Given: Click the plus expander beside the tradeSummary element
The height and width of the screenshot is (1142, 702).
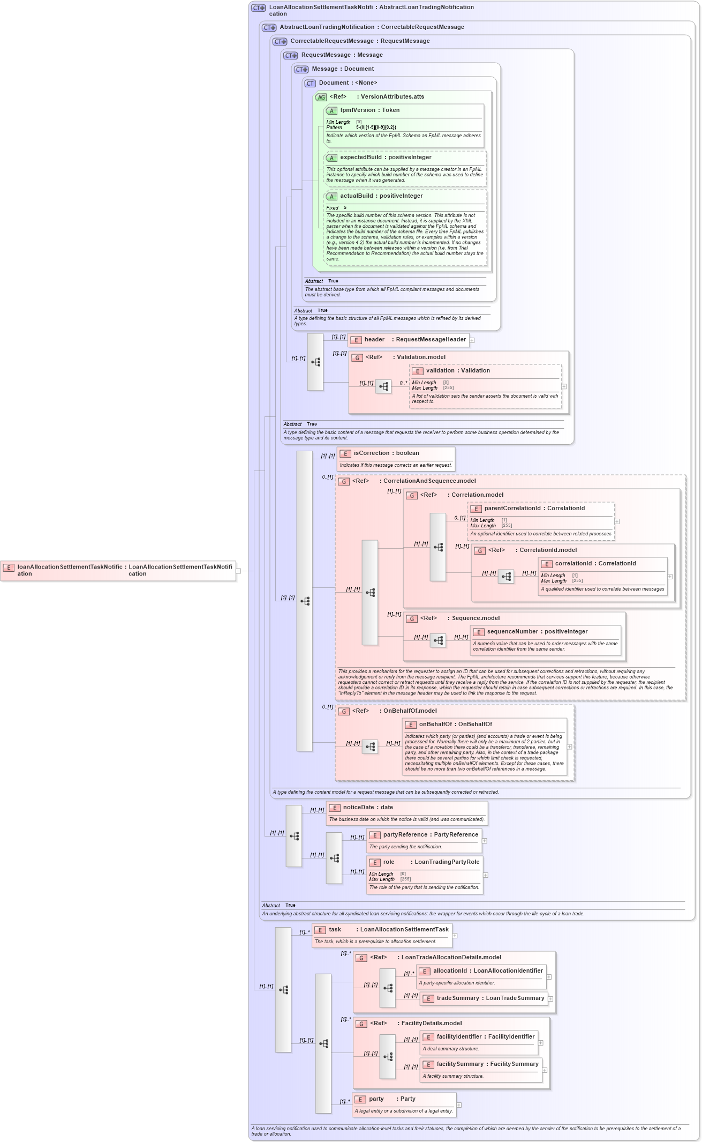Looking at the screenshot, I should [550, 999].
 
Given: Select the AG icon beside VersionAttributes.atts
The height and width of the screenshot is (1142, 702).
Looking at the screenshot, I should [321, 98].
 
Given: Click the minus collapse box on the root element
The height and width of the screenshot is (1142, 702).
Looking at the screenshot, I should [238, 571].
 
